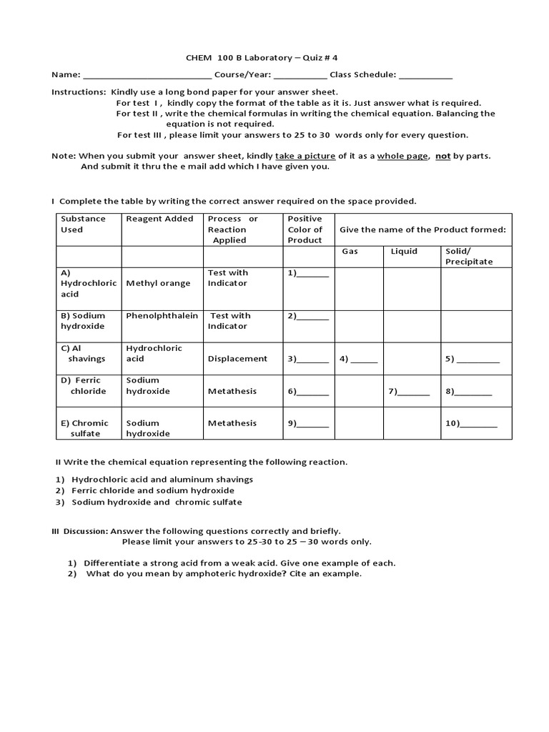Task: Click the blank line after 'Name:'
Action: coord(147,75)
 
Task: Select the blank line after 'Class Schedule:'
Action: coord(425,75)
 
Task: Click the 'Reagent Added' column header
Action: coord(159,219)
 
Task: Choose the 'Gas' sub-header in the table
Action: coord(350,252)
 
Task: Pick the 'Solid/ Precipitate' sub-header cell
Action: coord(469,257)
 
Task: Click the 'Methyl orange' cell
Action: coord(158,283)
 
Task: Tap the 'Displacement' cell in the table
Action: coord(237,359)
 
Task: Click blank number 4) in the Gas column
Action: coord(358,359)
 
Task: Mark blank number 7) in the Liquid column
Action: coord(409,391)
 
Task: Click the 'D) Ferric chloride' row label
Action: coord(84,386)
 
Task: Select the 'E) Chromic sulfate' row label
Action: coord(85,428)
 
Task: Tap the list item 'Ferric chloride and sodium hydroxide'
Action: coord(153,490)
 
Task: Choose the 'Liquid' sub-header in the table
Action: coord(404,252)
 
